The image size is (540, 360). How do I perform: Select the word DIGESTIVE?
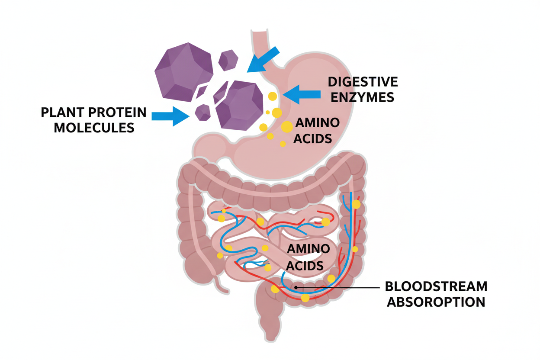[362, 82]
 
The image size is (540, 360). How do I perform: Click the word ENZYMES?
[362, 97]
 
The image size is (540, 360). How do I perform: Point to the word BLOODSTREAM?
[436, 286]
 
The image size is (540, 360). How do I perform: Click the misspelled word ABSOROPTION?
[436, 302]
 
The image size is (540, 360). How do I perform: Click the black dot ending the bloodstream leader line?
[296, 287]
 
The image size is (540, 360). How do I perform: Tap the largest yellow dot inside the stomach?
[287, 127]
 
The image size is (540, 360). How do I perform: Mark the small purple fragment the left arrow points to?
[202, 112]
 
